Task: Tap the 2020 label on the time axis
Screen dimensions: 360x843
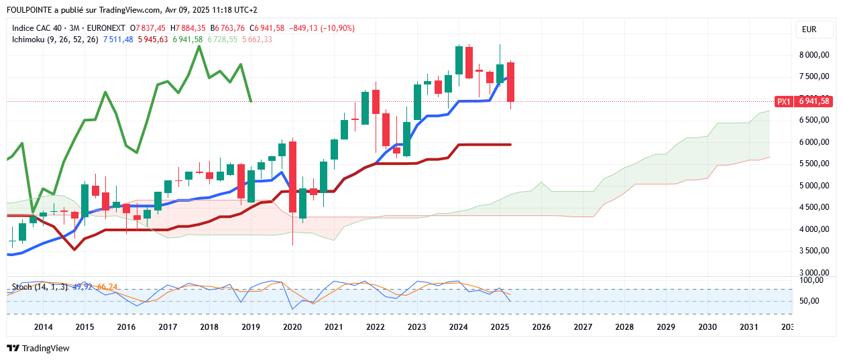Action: [292, 327]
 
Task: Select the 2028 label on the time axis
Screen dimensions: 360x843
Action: [624, 327]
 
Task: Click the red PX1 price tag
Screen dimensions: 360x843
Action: [783, 101]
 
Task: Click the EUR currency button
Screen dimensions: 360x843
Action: [809, 29]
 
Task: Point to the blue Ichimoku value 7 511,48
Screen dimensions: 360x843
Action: [118, 40]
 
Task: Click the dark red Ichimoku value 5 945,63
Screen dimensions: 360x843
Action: [153, 40]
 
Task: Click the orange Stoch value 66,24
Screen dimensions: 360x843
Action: [107, 287]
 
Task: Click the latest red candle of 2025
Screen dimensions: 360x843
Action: [510, 82]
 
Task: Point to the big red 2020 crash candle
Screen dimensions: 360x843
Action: [292, 177]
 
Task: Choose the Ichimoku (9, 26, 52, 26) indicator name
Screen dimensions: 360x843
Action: [55, 40]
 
